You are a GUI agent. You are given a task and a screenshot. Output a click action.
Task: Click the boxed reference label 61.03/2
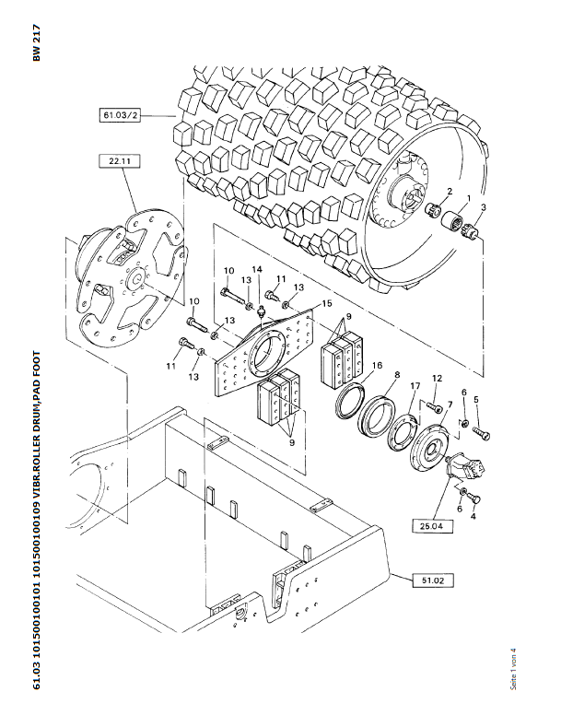tap(121, 116)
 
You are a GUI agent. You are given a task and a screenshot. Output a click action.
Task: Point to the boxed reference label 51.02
tap(433, 580)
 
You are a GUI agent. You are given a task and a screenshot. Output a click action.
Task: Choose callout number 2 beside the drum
tap(449, 191)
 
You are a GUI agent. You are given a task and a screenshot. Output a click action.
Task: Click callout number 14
tap(259, 269)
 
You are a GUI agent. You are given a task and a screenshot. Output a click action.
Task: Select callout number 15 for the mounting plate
tap(327, 303)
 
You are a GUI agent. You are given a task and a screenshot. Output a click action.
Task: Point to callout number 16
tap(378, 366)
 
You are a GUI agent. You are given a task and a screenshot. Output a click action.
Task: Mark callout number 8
tap(396, 375)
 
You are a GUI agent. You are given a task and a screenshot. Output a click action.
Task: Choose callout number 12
tap(438, 378)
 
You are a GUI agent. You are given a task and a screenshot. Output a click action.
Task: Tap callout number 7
tap(449, 405)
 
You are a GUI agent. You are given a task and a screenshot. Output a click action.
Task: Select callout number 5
tap(476, 400)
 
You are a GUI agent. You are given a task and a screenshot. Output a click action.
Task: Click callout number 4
tap(474, 517)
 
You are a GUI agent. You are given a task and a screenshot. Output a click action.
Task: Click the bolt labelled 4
tap(473, 498)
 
